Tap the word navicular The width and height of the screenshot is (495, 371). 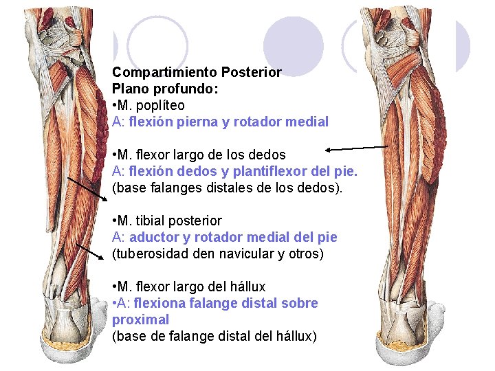point(245,254)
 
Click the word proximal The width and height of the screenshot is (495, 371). point(140,319)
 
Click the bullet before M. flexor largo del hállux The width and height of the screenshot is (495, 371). point(114,286)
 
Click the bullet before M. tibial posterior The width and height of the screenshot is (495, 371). point(114,221)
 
